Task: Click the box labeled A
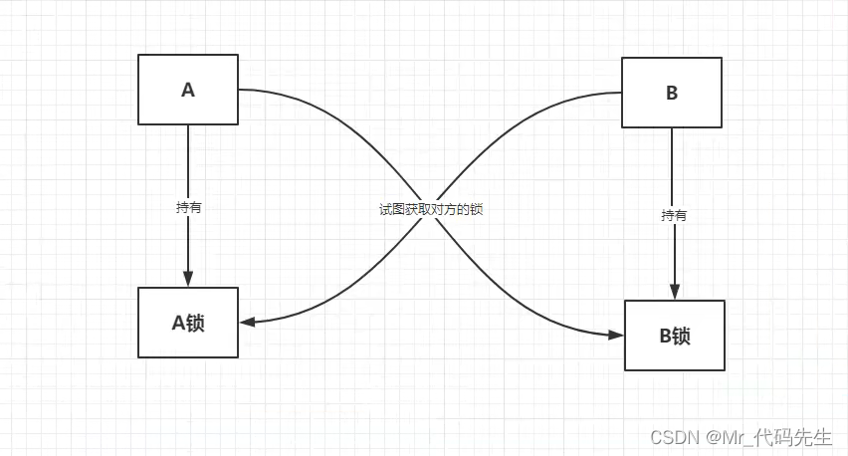coord(188,90)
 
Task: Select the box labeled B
coord(672,93)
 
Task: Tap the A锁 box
coord(188,323)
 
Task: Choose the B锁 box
coord(675,336)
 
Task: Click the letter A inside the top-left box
coord(188,90)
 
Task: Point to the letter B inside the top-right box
coord(672,94)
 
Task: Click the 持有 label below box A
coord(188,208)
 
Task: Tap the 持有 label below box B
coord(674,215)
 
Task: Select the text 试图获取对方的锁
coord(430,210)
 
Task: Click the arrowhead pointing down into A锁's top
coord(188,280)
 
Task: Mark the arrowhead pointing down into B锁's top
coord(674,292)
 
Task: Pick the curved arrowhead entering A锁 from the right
coord(248,322)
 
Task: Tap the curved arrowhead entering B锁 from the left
coord(616,336)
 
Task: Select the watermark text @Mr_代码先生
coord(769,437)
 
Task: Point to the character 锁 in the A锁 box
coord(194,323)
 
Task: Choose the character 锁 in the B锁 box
coord(681,336)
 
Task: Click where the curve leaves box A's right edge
coord(239,90)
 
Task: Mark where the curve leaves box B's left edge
coord(622,93)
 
